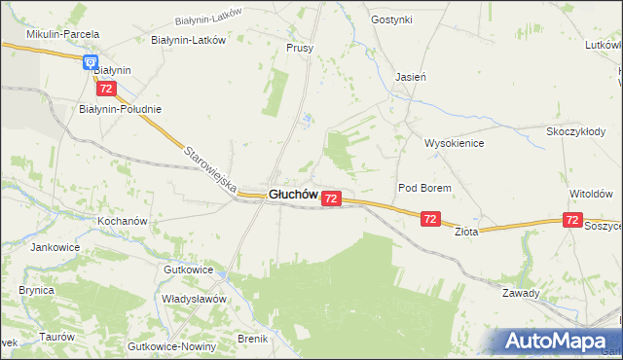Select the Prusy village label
pos(300,47)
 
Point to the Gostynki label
pos(392,19)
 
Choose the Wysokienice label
pos(454,142)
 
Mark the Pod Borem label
pos(421,187)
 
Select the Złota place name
pos(467,232)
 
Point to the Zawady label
pos(521,293)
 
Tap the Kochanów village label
pos(122,221)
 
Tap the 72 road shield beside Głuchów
pos(331,198)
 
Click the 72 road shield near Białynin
pos(106,89)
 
